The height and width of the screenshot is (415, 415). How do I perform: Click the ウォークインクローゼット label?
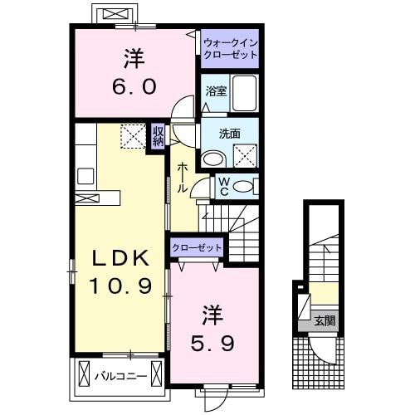click(x=230, y=48)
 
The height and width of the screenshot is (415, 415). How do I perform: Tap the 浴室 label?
click(x=216, y=92)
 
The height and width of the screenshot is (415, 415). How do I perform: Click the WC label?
click(x=222, y=187)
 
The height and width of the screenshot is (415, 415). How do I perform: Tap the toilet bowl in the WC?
click(x=243, y=187)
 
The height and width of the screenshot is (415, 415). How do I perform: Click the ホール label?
click(x=182, y=177)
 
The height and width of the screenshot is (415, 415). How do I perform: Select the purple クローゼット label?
click(x=198, y=247)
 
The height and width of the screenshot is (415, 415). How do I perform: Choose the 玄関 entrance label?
click(x=325, y=320)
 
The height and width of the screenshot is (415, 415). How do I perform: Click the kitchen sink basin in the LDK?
click(x=85, y=175)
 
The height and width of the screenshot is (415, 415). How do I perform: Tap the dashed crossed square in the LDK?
click(x=132, y=136)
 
